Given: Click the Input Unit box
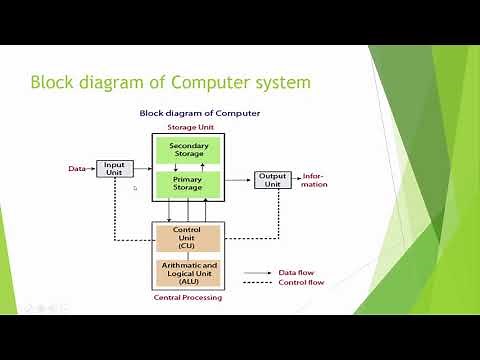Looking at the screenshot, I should pos(114,169).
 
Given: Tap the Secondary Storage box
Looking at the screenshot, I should pos(187,151).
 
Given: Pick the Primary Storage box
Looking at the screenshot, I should pos(187,184).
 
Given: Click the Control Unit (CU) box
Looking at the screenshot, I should pos(187,238).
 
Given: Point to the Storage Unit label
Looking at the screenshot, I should pos(187,127).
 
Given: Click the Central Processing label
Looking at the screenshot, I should pos(187,297).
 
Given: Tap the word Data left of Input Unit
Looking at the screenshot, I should pos(77,169).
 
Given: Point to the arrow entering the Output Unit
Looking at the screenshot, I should pos(238,180).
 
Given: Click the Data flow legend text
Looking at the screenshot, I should pos(293,271).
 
